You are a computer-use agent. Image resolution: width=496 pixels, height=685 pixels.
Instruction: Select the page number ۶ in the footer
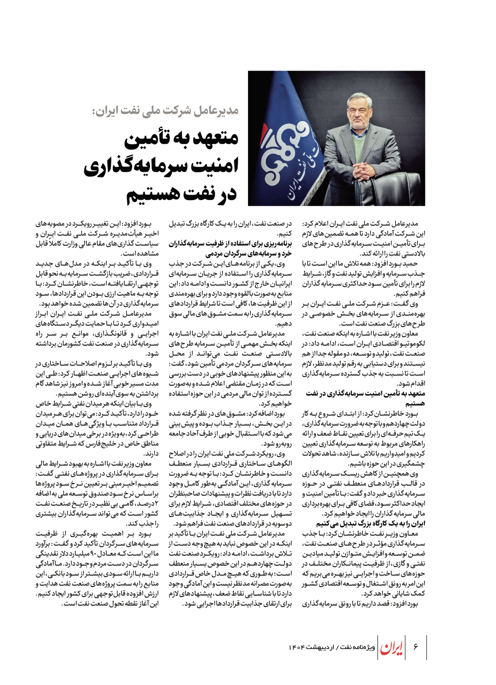(x=415, y=647)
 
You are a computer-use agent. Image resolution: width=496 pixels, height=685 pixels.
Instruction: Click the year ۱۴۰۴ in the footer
(x=296, y=647)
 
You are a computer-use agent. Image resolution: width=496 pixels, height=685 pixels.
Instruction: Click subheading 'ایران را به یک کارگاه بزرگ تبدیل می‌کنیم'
(x=371, y=523)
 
